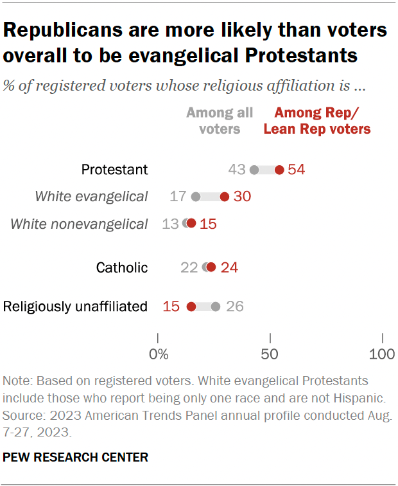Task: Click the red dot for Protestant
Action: point(279,170)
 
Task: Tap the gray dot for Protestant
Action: point(254,170)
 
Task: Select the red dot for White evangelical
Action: point(225,197)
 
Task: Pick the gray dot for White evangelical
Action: point(196,197)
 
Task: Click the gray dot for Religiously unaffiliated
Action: point(216,306)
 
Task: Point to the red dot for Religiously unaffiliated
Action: point(191,306)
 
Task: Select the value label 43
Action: point(237,170)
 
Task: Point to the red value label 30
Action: point(241,197)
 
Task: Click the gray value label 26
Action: point(234,306)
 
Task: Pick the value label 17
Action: point(178,197)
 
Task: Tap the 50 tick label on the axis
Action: point(271,354)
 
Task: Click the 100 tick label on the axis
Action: point(383,354)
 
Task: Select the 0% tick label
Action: point(158,354)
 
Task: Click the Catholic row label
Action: point(122,267)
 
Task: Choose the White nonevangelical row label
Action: point(80,224)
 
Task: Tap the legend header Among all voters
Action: point(220,121)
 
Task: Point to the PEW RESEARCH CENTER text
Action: point(76,458)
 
